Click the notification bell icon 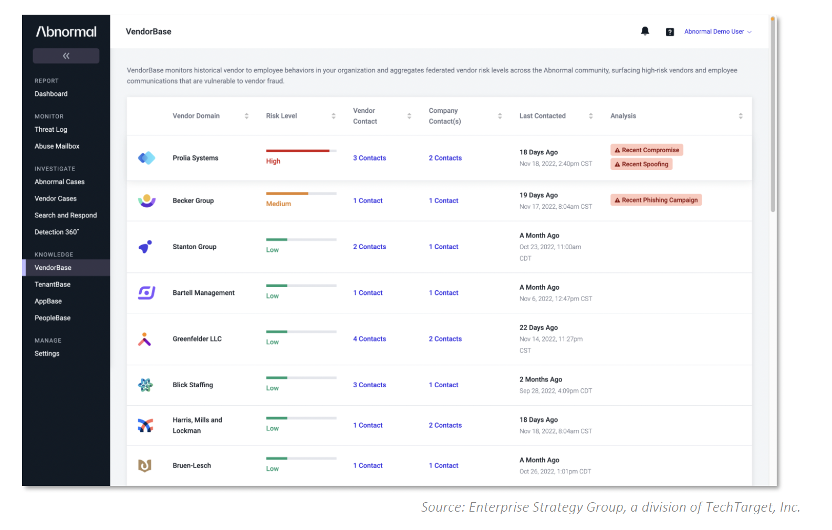[645, 31]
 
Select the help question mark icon [670, 32]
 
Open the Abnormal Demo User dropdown [717, 31]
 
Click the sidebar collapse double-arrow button [66, 56]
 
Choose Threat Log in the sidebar [51, 129]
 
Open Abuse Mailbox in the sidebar [57, 146]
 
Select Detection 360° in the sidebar [57, 231]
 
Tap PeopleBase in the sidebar [53, 317]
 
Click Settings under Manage [47, 353]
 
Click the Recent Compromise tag [647, 150]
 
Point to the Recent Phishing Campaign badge [656, 200]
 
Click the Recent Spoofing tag [641, 164]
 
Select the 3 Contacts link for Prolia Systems [369, 158]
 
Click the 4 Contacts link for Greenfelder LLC [369, 338]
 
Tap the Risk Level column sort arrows [333, 116]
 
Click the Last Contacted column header [542, 116]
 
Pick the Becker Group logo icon [147, 201]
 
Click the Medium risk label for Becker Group [278, 204]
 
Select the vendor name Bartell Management [204, 292]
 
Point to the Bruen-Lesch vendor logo [145, 465]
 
